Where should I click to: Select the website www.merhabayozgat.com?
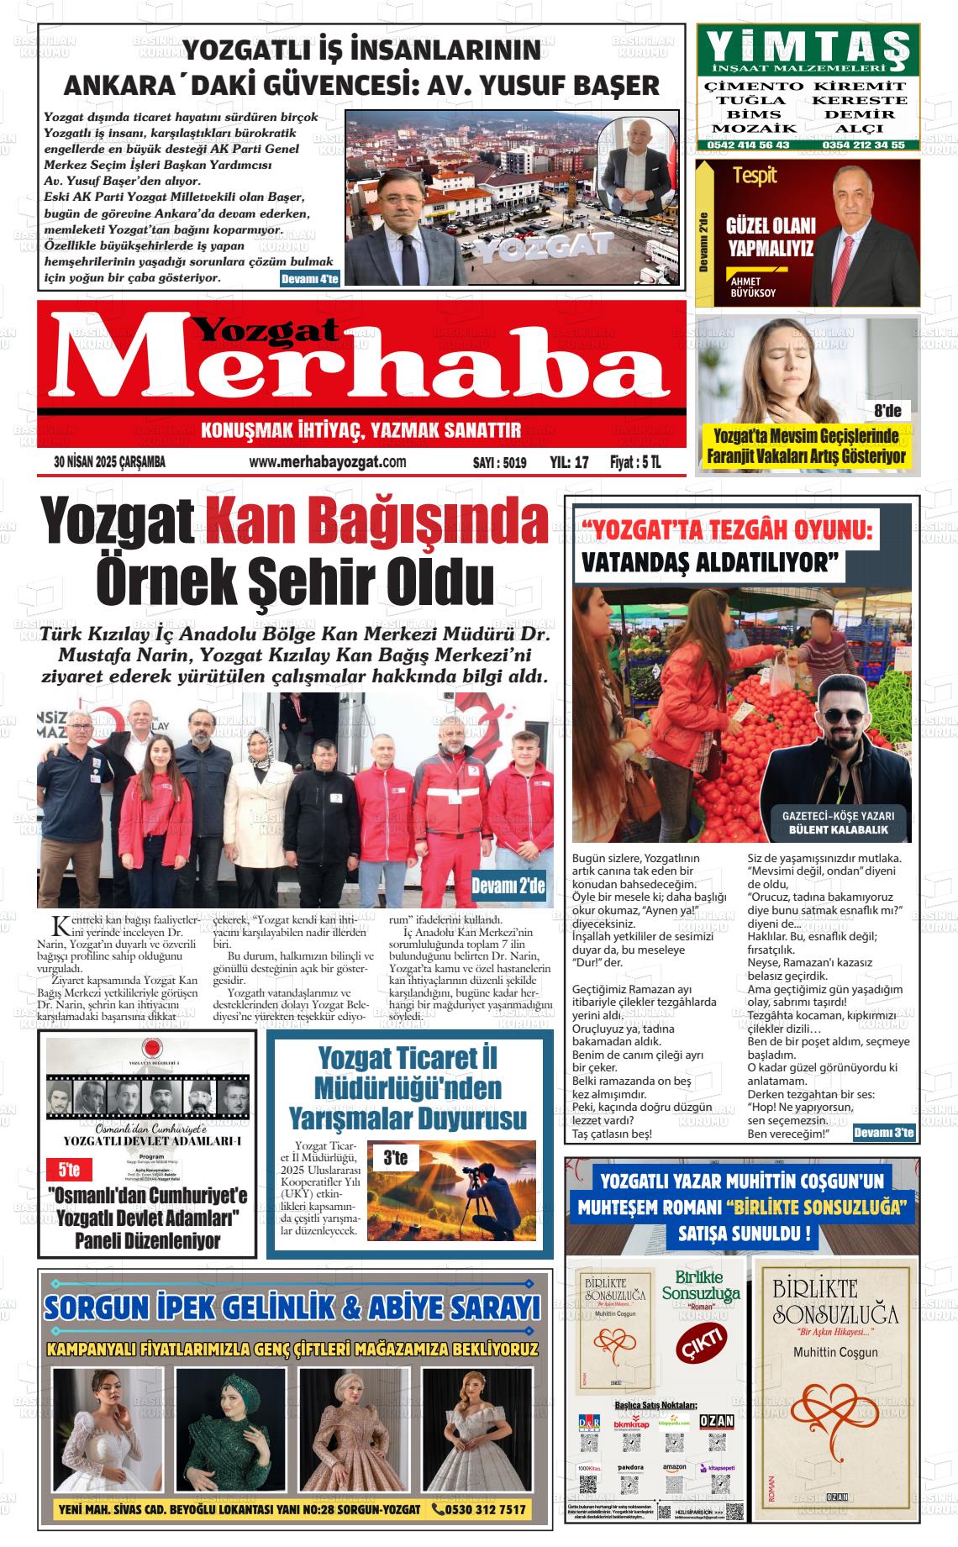coord(328,462)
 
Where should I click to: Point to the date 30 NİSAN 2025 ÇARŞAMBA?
coord(109,462)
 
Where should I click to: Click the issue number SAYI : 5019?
coord(499,462)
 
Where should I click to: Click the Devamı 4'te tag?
coord(309,280)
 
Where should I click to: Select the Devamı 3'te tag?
coord(883,1134)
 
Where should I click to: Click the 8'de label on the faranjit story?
coord(887,411)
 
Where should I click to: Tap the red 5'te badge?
coord(69,1169)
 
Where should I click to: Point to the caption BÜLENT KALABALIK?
coord(837,830)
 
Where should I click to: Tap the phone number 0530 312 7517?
coord(479,1509)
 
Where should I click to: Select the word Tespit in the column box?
coord(754,176)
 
